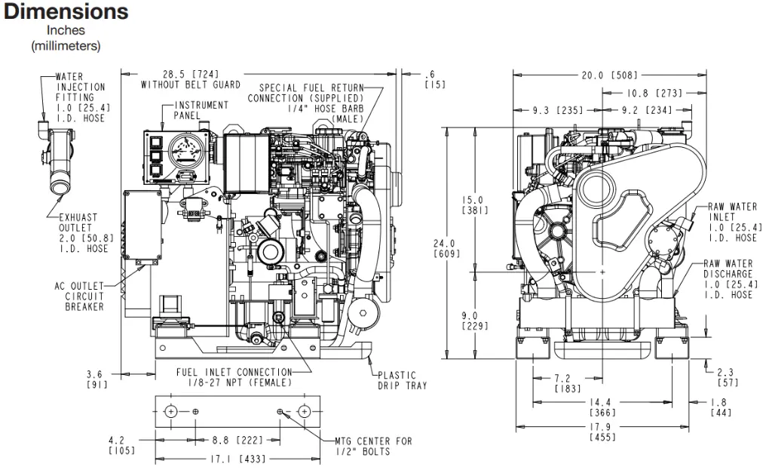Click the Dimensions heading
click(66, 11)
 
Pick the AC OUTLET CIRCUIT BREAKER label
click(79, 296)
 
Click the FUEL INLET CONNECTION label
click(234, 377)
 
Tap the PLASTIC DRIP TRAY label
click(403, 380)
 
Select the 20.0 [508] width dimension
click(609, 75)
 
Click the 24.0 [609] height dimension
click(446, 248)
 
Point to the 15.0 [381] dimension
click(475, 205)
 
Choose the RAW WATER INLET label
click(733, 223)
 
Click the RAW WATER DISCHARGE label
click(728, 279)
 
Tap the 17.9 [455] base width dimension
click(602, 432)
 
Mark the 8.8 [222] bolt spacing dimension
click(237, 440)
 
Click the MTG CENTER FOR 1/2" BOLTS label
click(373, 447)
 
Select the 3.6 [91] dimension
click(96, 379)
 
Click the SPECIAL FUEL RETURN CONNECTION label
click(306, 103)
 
